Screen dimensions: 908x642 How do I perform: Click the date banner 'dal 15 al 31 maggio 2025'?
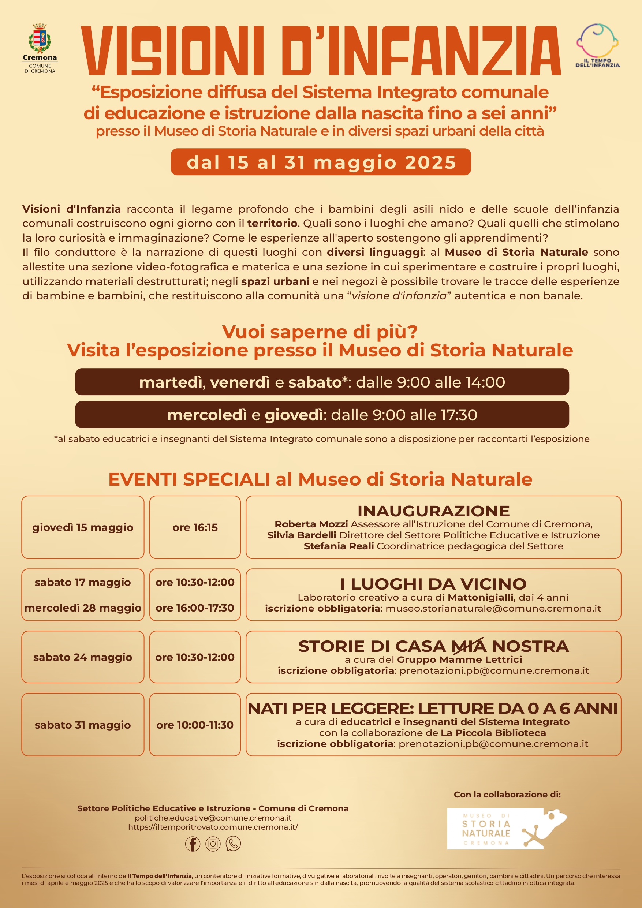(321, 162)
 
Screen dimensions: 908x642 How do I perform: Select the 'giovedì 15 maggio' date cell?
(83, 527)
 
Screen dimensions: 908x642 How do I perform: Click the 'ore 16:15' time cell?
(195, 527)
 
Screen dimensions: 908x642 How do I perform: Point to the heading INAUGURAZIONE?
(433, 511)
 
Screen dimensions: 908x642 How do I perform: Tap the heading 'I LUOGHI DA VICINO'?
(433, 584)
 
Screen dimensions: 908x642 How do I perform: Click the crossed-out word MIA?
(469, 646)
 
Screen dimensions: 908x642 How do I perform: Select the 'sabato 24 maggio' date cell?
(83, 657)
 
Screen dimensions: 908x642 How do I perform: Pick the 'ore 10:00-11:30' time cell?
(195, 725)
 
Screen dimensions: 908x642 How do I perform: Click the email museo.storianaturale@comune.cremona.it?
(493, 608)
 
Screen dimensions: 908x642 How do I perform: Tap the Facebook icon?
(193, 844)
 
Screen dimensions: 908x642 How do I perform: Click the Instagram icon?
(213, 844)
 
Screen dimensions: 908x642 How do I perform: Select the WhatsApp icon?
(234, 844)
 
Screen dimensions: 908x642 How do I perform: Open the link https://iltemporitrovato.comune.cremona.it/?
(213, 827)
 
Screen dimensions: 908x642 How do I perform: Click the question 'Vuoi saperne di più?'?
(320, 332)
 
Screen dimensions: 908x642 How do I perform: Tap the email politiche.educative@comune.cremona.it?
(213, 818)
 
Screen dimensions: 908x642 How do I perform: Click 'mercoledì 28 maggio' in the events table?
(83, 608)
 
